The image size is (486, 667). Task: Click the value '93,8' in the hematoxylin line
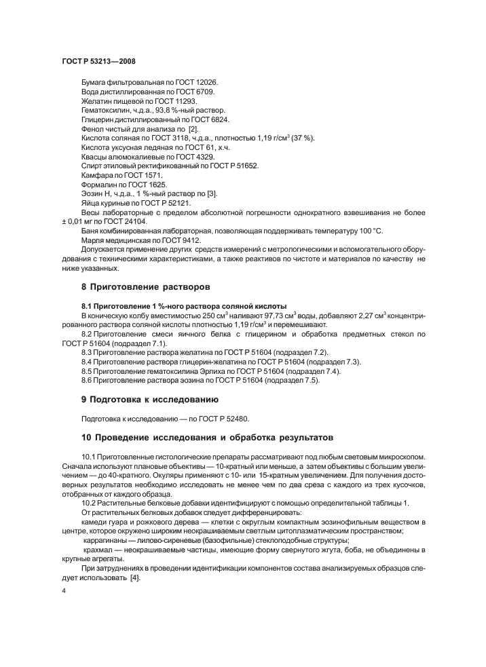(163, 110)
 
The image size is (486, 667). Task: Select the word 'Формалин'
(99, 184)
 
